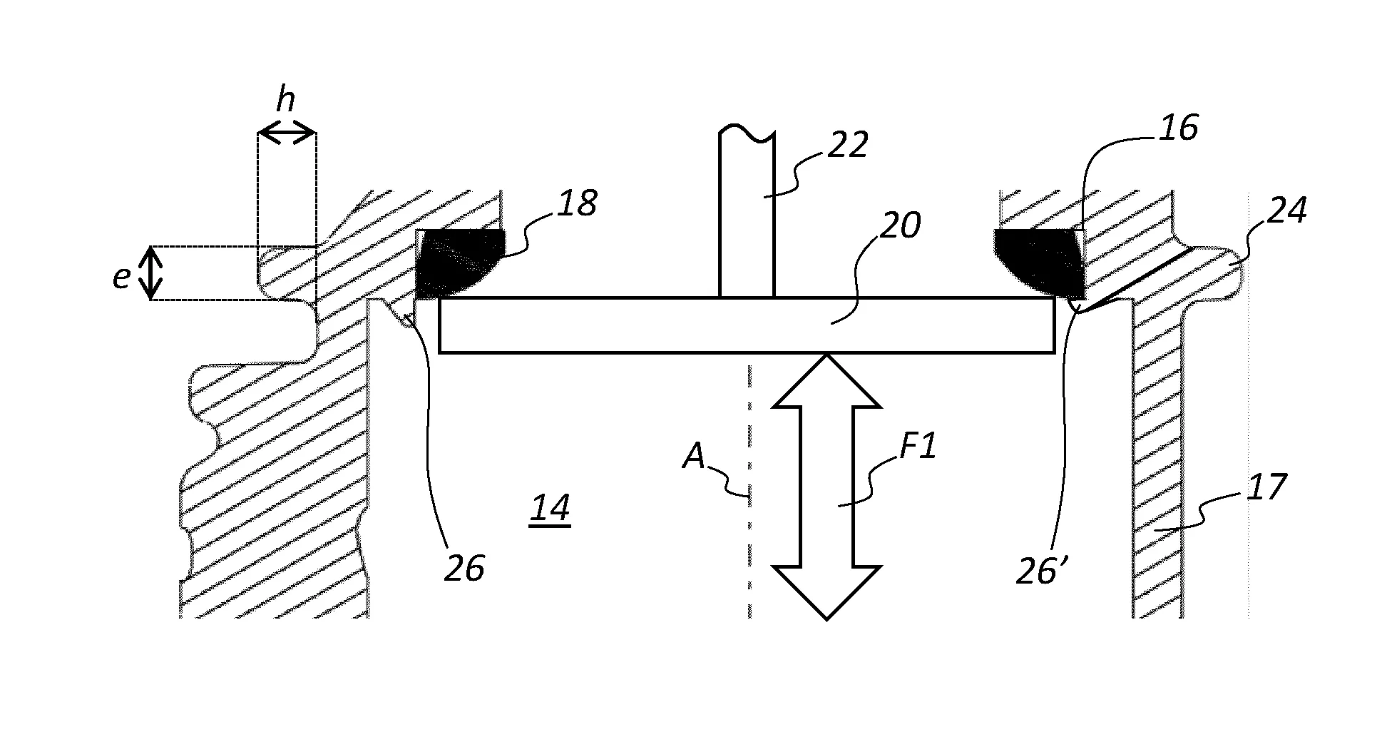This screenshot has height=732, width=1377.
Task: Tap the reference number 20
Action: point(900,225)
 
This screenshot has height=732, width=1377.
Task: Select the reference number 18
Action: point(577,203)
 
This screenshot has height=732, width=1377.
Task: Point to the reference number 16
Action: point(1179,128)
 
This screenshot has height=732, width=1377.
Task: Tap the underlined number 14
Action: point(550,509)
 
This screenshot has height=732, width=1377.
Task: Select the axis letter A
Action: point(693,456)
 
